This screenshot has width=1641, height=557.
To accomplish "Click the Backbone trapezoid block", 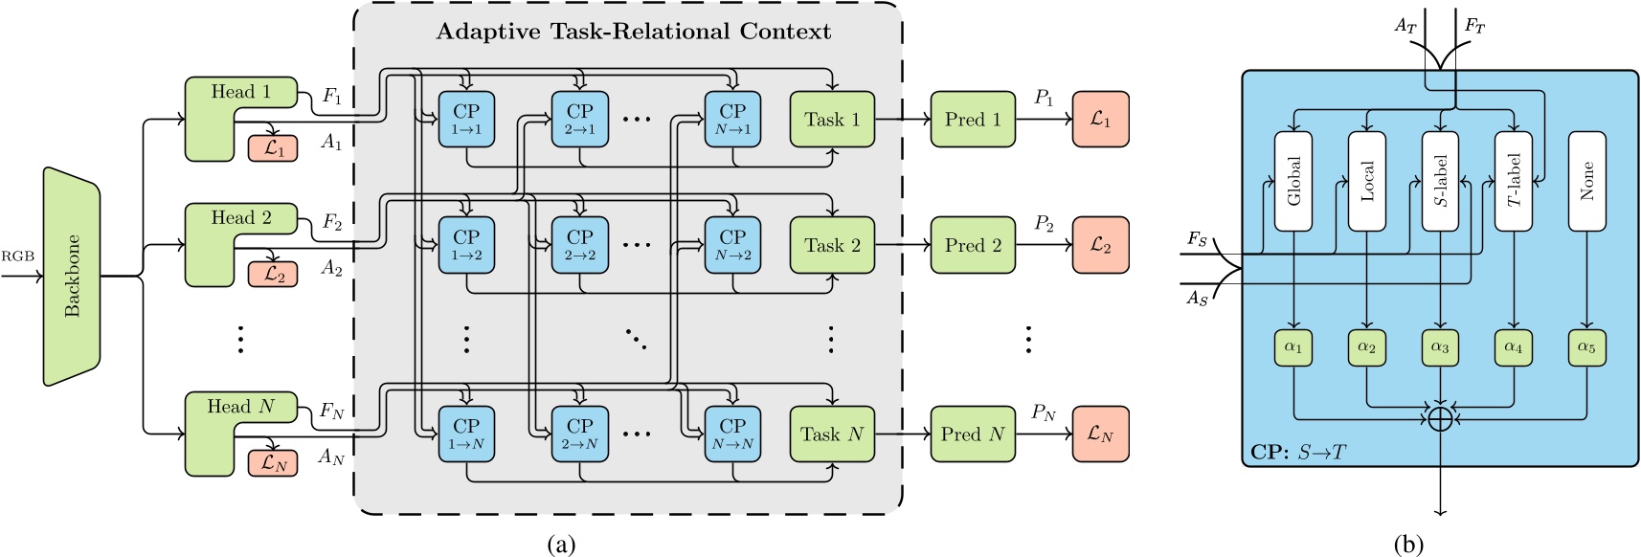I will click(72, 277).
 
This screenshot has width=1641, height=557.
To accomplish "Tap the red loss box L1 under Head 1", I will click(274, 148).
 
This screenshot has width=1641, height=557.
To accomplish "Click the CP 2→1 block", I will click(580, 119).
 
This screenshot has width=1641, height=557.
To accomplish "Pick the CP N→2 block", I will click(732, 244).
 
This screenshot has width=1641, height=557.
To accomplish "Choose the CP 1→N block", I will click(466, 434).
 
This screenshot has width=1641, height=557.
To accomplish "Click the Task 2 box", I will click(832, 245).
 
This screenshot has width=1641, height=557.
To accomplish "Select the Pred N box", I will click(973, 434).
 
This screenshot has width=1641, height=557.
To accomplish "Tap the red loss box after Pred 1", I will click(1100, 119).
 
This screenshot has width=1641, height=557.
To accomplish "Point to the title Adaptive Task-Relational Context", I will click(633, 31).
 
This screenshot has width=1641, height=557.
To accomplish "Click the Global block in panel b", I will click(1293, 181).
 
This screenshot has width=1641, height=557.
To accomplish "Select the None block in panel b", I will click(1586, 181).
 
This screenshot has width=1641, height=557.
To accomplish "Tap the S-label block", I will click(1440, 181).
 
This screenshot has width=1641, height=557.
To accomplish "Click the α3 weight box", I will click(1440, 347).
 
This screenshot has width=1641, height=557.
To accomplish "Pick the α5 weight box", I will click(1586, 347).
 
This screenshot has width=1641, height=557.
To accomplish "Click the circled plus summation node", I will click(1440, 418).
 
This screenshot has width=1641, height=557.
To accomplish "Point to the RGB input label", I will click(17, 256).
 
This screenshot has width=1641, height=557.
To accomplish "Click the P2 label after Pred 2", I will click(1044, 225).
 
